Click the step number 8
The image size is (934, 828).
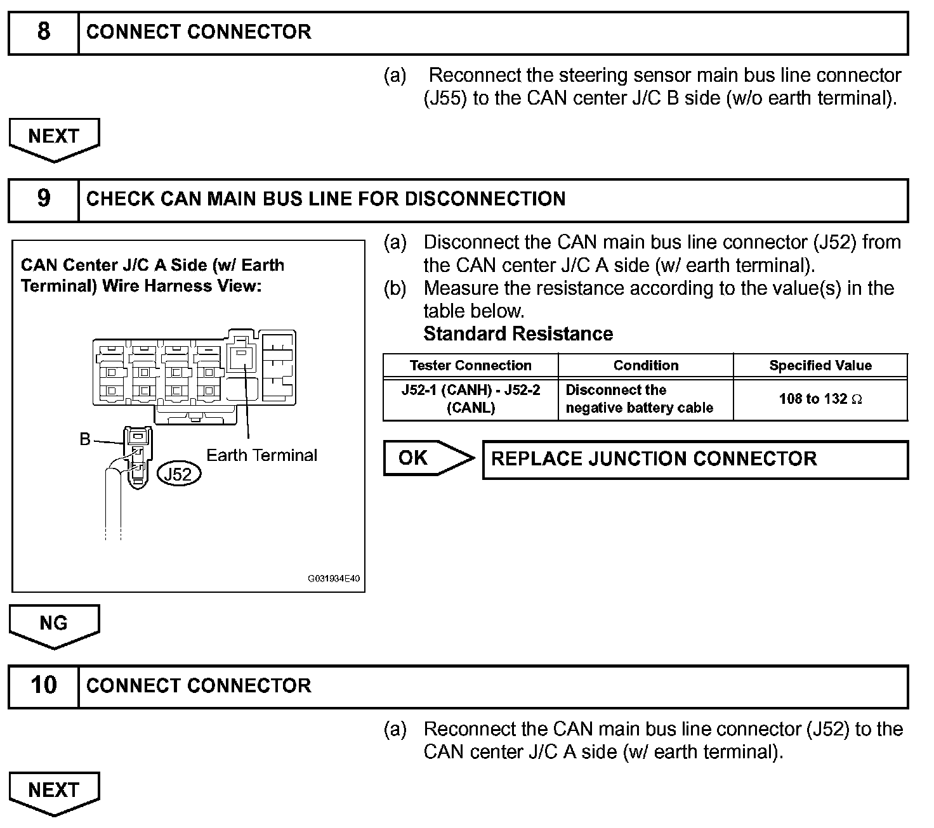43,32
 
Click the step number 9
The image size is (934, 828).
43,198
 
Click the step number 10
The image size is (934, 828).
43,685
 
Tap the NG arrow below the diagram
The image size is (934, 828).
54,624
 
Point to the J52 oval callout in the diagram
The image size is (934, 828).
178,474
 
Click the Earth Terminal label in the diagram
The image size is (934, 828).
261,455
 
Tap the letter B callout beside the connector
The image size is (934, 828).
85,439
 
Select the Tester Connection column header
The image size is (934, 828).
470,366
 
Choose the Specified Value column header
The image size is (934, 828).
820,366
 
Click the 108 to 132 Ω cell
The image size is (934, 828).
820,399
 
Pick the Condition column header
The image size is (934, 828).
645,366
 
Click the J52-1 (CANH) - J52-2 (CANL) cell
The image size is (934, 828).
470,399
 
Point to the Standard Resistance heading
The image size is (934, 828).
518,334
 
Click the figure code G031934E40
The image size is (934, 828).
334,579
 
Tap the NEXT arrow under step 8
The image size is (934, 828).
54,137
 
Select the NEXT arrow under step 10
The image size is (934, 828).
54,791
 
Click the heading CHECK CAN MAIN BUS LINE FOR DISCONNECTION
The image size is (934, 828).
326,199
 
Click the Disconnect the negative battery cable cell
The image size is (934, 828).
639,399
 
